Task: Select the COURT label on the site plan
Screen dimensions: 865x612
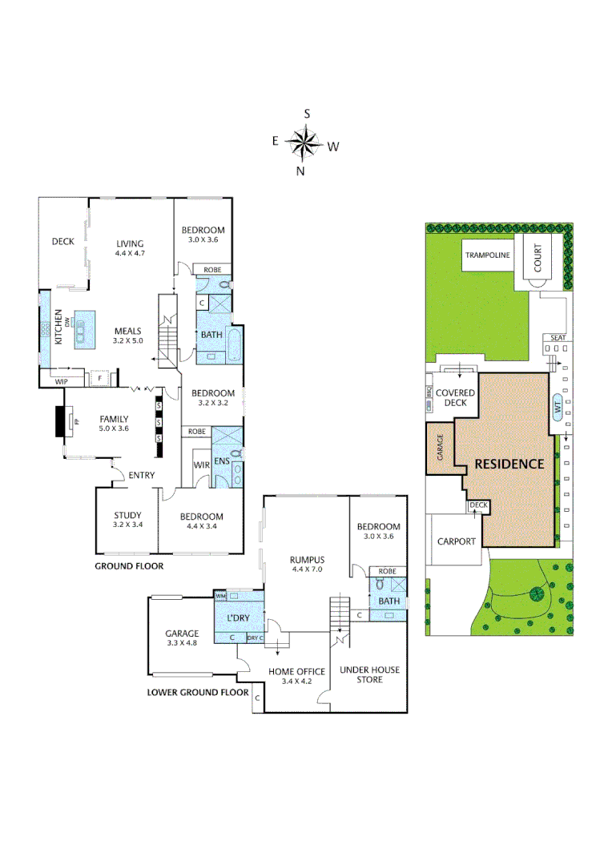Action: (x=538, y=257)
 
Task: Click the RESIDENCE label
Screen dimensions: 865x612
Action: (x=509, y=464)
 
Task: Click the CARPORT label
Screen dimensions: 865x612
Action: (x=457, y=541)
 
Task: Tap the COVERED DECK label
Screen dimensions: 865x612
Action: (x=455, y=398)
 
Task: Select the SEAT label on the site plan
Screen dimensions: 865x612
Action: (x=558, y=338)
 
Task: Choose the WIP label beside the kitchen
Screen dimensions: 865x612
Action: (x=61, y=382)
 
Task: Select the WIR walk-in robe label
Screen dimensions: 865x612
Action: (x=201, y=465)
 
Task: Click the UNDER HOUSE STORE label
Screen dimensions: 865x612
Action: (x=369, y=674)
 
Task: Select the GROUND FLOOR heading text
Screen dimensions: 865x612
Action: (x=129, y=565)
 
